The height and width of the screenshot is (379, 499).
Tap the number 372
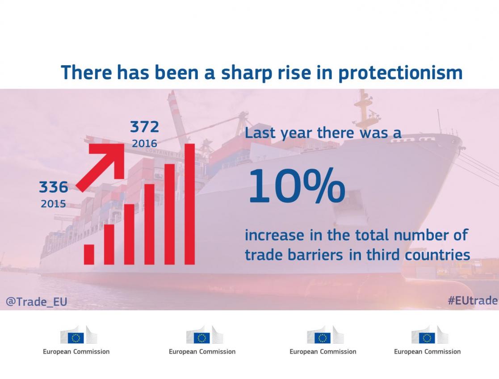pyautogui.click(x=144, y=127)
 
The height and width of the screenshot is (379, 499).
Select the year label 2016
pyautogui.click(x=144, y=143)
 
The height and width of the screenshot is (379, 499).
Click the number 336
pyautogui.click(x=54, y=187)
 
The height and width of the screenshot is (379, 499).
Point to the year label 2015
pyautogui.click(x=54, y=204)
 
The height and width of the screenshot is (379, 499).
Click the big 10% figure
pyautogui.click(x=296, y=186)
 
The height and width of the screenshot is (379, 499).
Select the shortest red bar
pyautogui.click(x=89, y=254)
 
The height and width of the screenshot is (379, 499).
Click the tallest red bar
pyautogui.click(x=189, y=204)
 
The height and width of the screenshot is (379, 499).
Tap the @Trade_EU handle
pyautogui.click(x=37, y=302)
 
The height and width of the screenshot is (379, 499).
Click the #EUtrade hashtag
pyautogui.click(x=472, y=301)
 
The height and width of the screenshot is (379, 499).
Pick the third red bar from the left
pyautogui.click(x=129, y=234)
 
